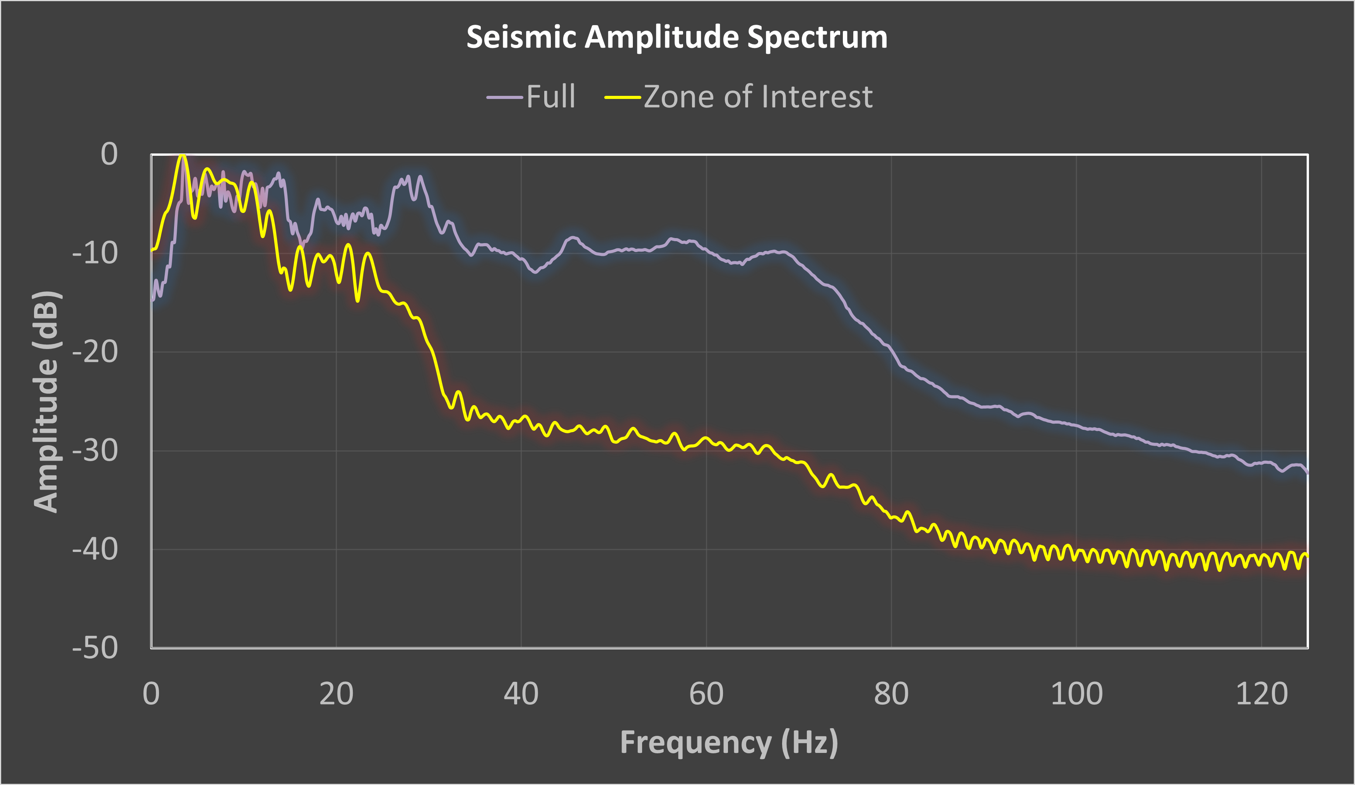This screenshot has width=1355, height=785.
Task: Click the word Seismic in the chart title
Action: (x=521, y=37)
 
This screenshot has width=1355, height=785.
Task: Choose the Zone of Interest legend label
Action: (x=758, y=97)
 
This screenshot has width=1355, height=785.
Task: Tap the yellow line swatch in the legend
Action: (x=623, y=98)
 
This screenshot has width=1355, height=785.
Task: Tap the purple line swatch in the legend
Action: (x=504, y=98)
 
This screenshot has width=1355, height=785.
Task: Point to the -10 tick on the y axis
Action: (x=95, y=253)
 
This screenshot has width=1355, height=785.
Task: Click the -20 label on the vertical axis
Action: (x=95, y=352)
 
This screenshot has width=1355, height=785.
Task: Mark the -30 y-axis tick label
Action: (x=95, y=450)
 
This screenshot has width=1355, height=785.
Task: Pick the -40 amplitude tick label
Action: (x=95, y=549)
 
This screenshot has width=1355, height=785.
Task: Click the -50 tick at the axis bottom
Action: (x=95, y=648)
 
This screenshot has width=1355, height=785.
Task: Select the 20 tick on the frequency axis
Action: (x=336, y=694)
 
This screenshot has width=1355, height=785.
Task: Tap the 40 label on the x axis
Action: (x=521, y=694)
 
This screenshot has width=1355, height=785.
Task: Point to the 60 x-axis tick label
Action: (x=706, y=694)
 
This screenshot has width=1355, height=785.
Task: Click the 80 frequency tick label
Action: (x=891, y=694)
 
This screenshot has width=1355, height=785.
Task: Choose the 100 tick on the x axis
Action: (x=1076, y=694)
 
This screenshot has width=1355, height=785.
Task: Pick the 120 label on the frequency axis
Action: (x=1261, y=694)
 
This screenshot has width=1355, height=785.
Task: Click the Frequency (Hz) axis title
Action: (x=729, y=742)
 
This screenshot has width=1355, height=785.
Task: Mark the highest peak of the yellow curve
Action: (x=183, y=156)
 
